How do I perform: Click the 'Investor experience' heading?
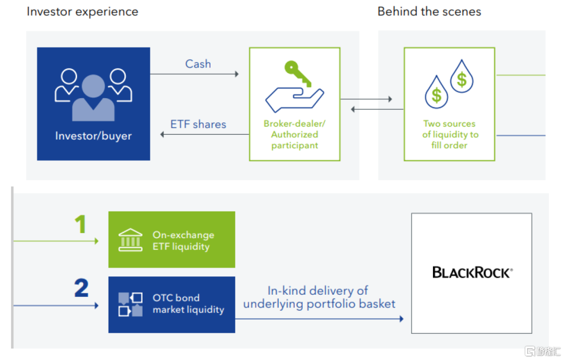(83, 11)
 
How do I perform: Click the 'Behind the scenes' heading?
(429, 11)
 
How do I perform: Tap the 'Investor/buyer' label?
(93, 136)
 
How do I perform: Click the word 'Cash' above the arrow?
(198, 64)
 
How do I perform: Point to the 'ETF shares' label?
(198, 124)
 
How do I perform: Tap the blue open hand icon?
(294, 99)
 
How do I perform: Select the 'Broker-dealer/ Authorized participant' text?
(295, 134)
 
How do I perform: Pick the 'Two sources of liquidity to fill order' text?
(449, 134)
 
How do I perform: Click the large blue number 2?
(81, 288)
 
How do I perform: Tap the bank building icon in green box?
(131, 239)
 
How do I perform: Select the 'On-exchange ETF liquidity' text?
(183, 240)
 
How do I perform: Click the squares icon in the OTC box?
(131, 305)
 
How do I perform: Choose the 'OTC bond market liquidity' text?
(188, 304)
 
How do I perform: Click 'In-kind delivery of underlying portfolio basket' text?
(319, 297)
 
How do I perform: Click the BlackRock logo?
(472, 272)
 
